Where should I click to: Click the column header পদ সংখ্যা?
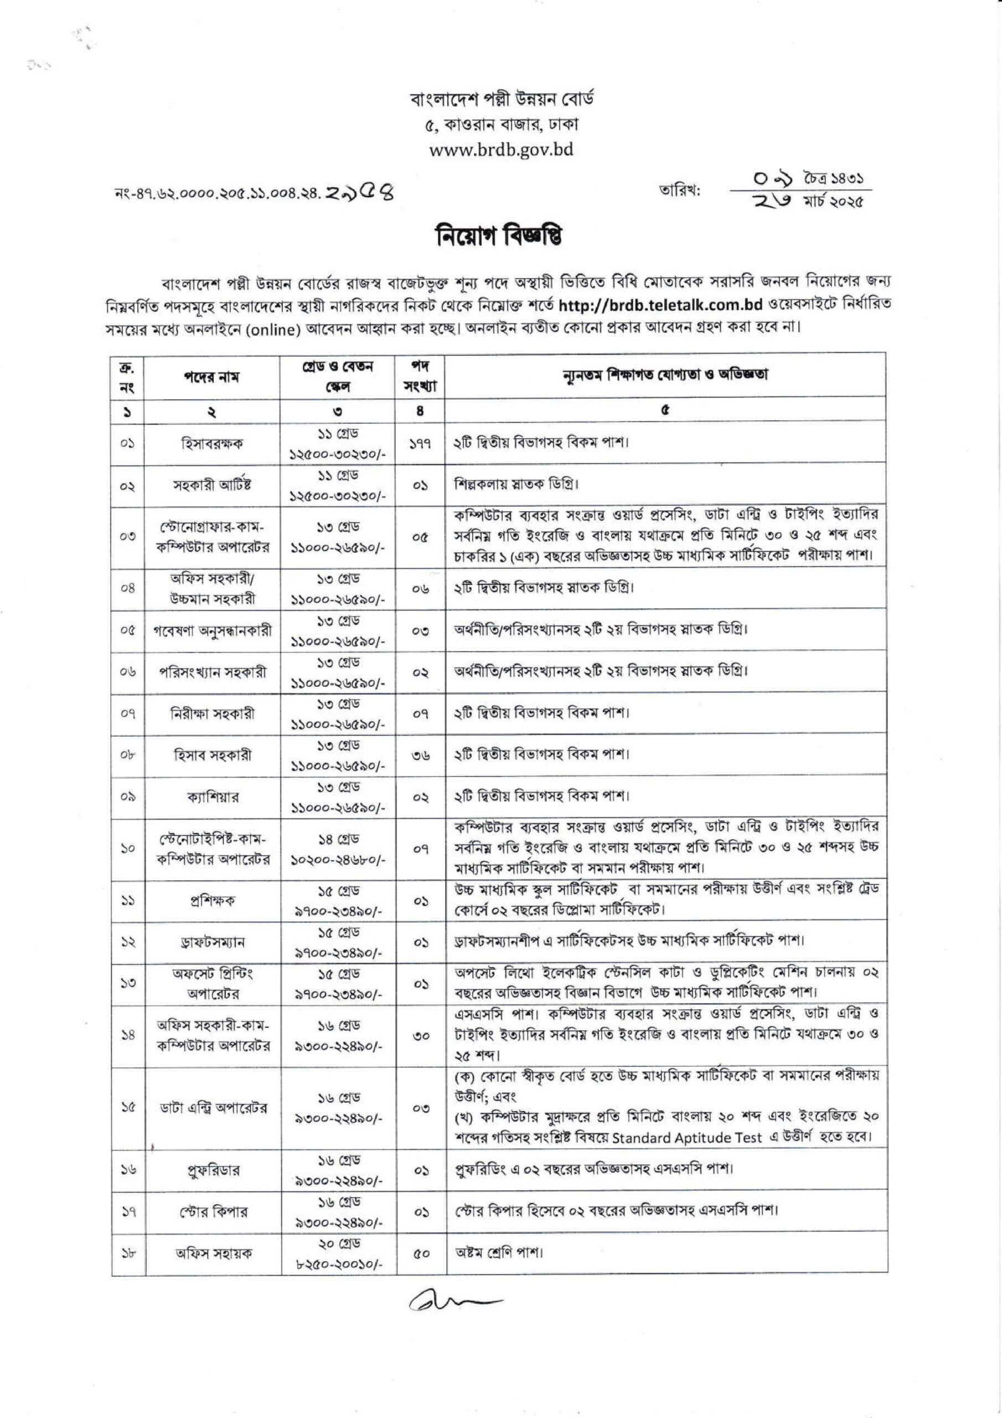420,376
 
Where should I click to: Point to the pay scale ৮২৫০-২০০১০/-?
337,1263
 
